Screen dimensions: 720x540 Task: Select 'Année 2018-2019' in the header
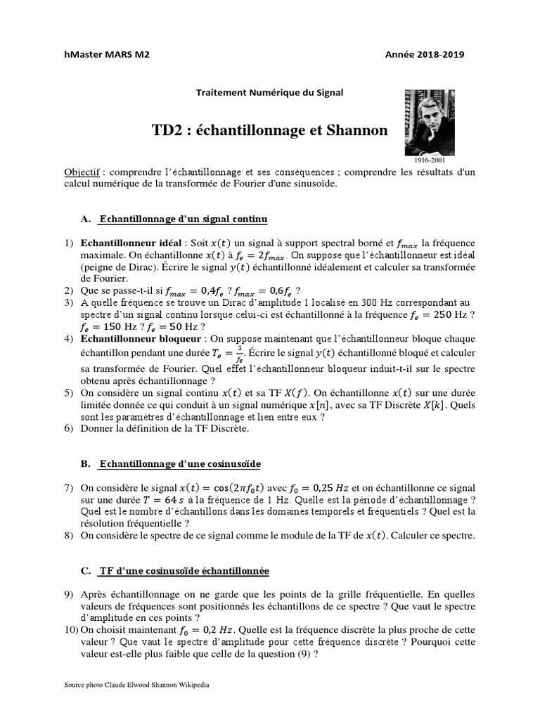[425, 55]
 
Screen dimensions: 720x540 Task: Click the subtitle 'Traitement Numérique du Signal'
[269, 92]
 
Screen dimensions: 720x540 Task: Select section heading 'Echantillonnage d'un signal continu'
[184, 219]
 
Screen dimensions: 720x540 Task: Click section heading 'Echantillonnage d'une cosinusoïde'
[180, 464]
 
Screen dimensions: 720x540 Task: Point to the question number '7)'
[69, 488]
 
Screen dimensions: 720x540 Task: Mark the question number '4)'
[69, 339]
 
